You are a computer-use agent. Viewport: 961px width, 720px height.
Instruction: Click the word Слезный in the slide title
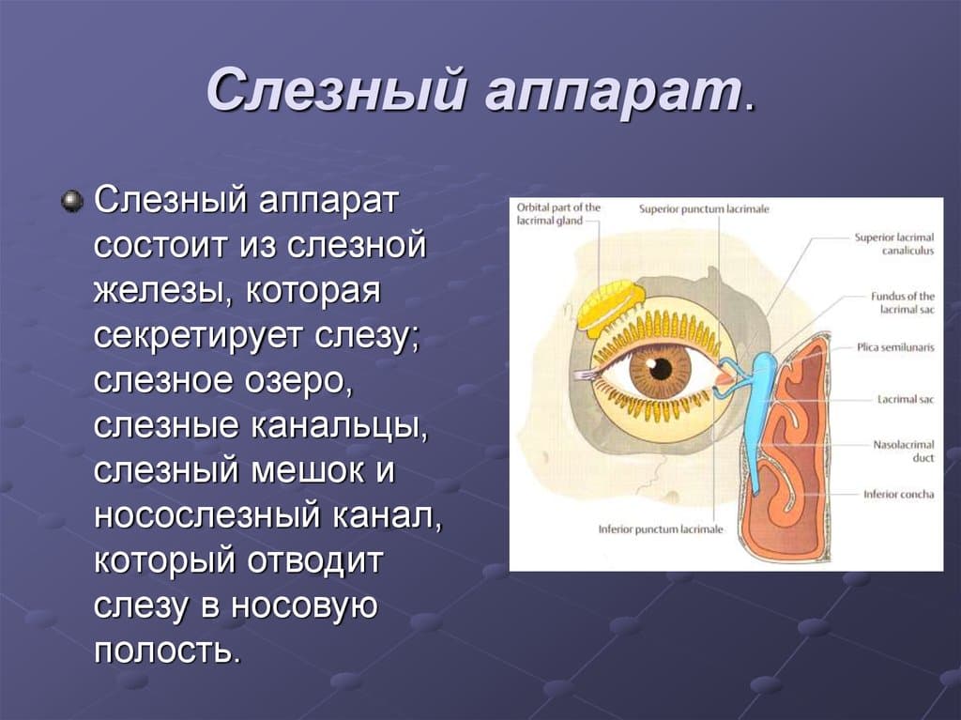pyautogui.click(x=335, y=90)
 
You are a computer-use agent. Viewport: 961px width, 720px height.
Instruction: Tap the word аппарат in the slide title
pyautogui.click(x=613, y=93)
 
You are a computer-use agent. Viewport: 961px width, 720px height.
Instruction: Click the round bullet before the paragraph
pyautogui.click(x=73, y=201)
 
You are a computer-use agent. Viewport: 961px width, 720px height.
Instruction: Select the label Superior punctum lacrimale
pyautogui.click(x=704, y=209)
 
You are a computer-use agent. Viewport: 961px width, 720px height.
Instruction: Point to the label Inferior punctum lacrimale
pyautogui.click(x=661, y=529)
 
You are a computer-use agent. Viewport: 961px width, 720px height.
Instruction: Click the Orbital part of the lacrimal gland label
pyautogui.click(x=558, y=213)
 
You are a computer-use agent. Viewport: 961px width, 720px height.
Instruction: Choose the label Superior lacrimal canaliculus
pyautogui.click(x=894, y=243)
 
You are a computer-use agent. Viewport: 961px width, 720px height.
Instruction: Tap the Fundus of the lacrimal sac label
pyautogui.click(x=903, y=303)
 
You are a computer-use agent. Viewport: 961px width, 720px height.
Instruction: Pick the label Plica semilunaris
pyautogui.click(x=896, y=347)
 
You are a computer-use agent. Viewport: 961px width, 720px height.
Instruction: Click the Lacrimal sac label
pyautogui.click(x=906, y=399)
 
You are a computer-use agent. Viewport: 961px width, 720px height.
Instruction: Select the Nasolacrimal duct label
pyautogui.click(x=904, y=451)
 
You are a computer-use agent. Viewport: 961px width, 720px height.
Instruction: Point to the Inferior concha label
pyautogui.click(x=899, y=495)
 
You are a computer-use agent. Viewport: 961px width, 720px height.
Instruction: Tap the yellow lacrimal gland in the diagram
pyautogui.click(x=610, y=309)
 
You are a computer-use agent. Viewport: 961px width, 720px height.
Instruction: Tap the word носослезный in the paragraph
pyautogui.click(x=207, y=515)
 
